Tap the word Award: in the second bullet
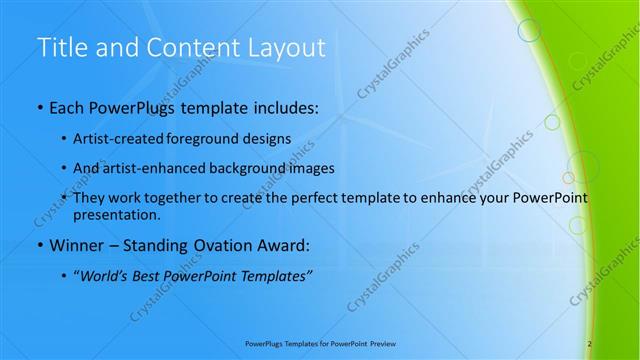coord(282,245)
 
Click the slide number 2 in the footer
coord(590,343)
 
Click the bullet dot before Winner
coord(38,245)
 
